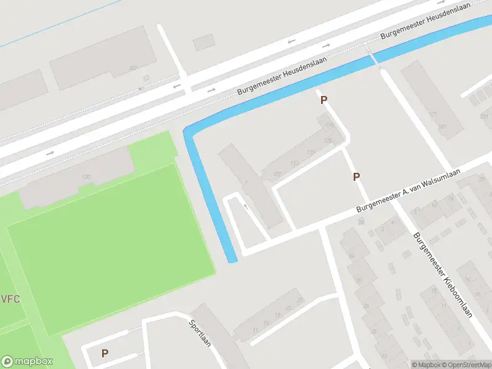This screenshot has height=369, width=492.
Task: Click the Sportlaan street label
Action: coord(200,333)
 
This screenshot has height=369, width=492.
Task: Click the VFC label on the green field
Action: coord(10,300)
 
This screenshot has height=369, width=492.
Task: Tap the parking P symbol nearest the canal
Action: coord(323,100)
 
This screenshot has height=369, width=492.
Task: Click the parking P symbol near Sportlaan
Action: coord(105,354)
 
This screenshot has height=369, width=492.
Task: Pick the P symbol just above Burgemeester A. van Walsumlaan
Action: coord(356,177)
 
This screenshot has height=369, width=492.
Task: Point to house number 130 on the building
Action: coord(85,177)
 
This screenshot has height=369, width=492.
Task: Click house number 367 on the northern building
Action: coord(132,68)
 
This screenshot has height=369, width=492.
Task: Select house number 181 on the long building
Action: coord(442,127)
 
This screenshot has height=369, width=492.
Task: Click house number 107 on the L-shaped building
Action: coord(277,174)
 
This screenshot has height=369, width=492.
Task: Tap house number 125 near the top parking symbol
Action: coord(328,141)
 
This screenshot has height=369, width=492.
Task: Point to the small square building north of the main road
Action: coord(204,42)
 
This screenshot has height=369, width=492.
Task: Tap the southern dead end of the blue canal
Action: coord(232,260)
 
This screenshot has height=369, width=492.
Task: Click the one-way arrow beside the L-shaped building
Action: coord(245,207)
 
